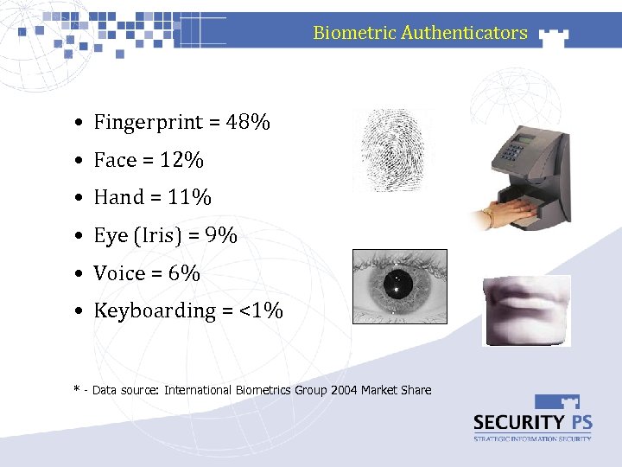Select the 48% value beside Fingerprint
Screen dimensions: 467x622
click(248, 123)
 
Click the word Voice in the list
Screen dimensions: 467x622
click(119, 273)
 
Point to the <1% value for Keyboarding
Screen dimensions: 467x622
click(262, 310)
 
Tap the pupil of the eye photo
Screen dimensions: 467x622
click(399, 282)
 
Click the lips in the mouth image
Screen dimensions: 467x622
click(525, 306)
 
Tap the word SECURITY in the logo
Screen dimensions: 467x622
click(516, 423)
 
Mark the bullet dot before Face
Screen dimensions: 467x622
click(79, 161)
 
